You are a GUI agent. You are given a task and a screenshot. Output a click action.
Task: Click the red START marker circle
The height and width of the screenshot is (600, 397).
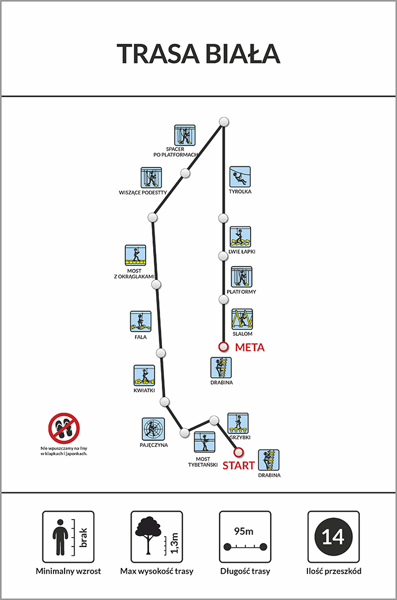[x=239, y=452]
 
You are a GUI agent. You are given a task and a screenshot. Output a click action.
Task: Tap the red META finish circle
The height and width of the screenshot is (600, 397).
[x=224, y=347]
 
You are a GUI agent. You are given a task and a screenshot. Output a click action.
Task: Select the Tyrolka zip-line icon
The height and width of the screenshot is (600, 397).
[x=240, y=177]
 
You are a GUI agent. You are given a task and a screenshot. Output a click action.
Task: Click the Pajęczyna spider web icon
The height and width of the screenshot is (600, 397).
[x=154, y=429]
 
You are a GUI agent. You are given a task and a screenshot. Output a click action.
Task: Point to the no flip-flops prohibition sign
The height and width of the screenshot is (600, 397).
[x=64, y=428]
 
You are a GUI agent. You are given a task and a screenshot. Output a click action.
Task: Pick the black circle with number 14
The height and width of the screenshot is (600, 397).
[x=334, y=537]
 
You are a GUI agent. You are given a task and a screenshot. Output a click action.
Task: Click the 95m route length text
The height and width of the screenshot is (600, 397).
[x=244, y=531]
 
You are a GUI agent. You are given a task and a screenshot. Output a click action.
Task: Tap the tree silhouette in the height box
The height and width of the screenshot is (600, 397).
[x=147, y=535]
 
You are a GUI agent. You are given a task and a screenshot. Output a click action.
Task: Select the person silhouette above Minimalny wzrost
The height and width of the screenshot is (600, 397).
[x=60, y=537]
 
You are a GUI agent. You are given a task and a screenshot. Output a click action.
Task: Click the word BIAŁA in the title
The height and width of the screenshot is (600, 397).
[x=243, y=54]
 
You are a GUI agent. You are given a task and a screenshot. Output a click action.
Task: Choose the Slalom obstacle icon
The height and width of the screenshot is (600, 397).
[x=242, y=319]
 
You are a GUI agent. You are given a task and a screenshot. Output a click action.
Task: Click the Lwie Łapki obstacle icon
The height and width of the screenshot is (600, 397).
[x=240, y=237]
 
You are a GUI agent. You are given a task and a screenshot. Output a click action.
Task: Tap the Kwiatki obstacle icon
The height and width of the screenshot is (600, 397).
[x=144, y=375]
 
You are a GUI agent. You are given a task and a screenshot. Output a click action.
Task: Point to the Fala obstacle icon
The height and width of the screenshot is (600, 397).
[x=140, y=321]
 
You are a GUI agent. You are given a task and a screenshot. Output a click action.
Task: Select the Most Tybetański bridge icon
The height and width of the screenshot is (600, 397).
[x=204, y=442]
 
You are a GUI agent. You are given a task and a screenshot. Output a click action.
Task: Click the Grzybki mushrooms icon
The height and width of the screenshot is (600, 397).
[x=238, y=423]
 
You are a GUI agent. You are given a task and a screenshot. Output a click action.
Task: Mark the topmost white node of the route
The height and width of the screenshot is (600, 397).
[x=224, y=122]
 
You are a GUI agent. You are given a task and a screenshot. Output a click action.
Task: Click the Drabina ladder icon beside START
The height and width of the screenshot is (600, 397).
[x=269, y=460]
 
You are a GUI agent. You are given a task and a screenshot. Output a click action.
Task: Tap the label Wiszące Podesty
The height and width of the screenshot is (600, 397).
[x=143, y=193]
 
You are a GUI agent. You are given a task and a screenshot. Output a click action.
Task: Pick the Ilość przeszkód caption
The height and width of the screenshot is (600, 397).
[x=334, y=571]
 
